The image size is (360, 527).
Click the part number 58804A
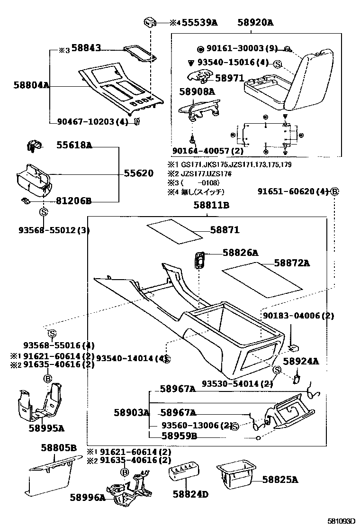click(x=32, y=86)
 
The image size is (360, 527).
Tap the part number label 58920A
click(x=256, y=22)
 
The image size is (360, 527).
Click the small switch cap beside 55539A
click(x=150, y=22)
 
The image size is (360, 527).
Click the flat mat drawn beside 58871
click(x=174, y=232)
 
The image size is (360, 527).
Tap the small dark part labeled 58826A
click(x=200, y=259)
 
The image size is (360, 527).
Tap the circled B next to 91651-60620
click(x=334, y=192)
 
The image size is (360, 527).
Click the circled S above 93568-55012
click(x=43, y=212)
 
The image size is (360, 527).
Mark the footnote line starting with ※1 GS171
click(x=229, y=164)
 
